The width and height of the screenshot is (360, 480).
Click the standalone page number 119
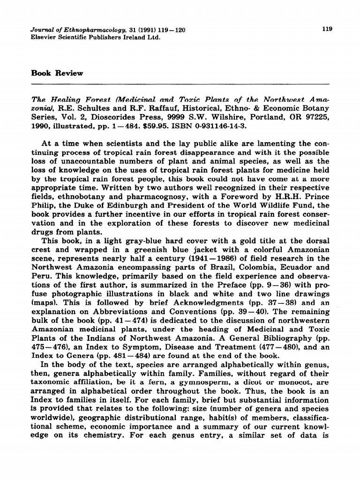tap(328, 29)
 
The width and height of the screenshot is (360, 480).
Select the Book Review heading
tap(57, 73)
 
